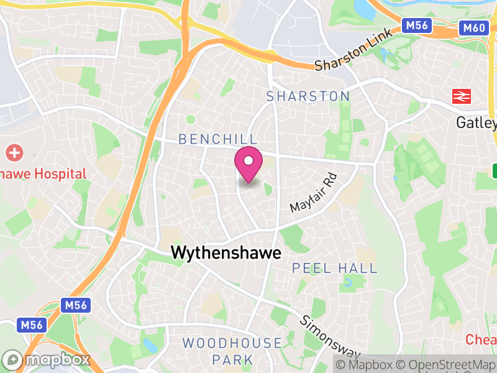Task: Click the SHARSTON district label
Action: (308, 96)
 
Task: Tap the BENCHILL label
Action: (209, 139)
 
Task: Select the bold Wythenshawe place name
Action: (226, 253)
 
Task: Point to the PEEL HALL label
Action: (335, 269)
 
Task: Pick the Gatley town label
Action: (476, 122)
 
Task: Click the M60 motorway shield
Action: (473, 27)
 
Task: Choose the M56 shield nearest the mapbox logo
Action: (32, 325)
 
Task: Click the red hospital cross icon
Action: (14, 152)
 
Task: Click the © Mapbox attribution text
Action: (363, 364)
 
